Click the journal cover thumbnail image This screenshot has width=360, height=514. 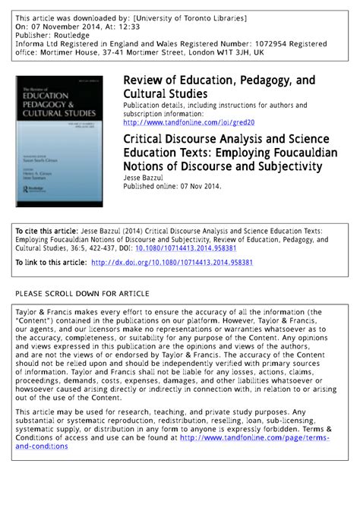point(60,140)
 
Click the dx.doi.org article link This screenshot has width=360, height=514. point(172,262)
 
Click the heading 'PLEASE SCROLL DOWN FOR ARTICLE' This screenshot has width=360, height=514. point(82,293)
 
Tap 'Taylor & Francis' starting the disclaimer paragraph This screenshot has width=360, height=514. point(45,311)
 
